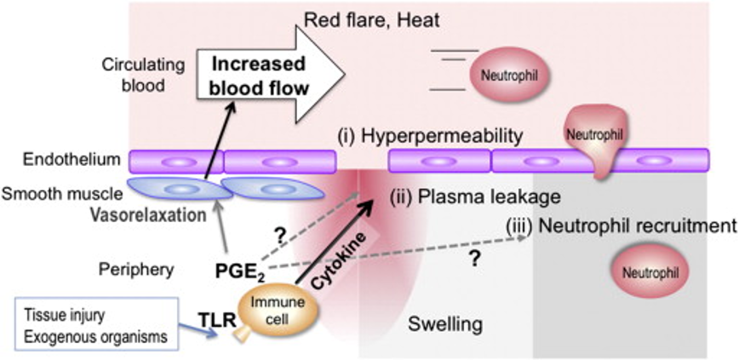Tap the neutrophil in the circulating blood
tap(508, 75)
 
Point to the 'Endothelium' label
tap(60, 159)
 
